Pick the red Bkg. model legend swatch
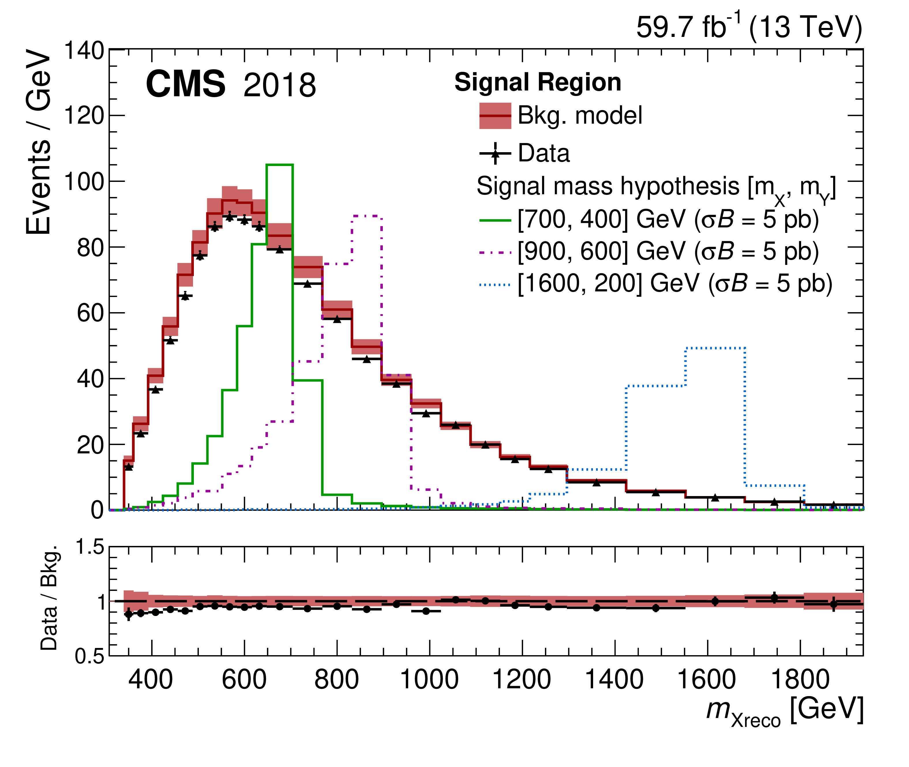(x=495, y=116)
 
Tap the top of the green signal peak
(x=280, y=165)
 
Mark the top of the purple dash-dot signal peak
(x=367, y=216)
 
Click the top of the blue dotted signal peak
(x=715, y=348)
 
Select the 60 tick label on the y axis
(x=91, y=313)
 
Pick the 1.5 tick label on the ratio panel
(x=90, y=547)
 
